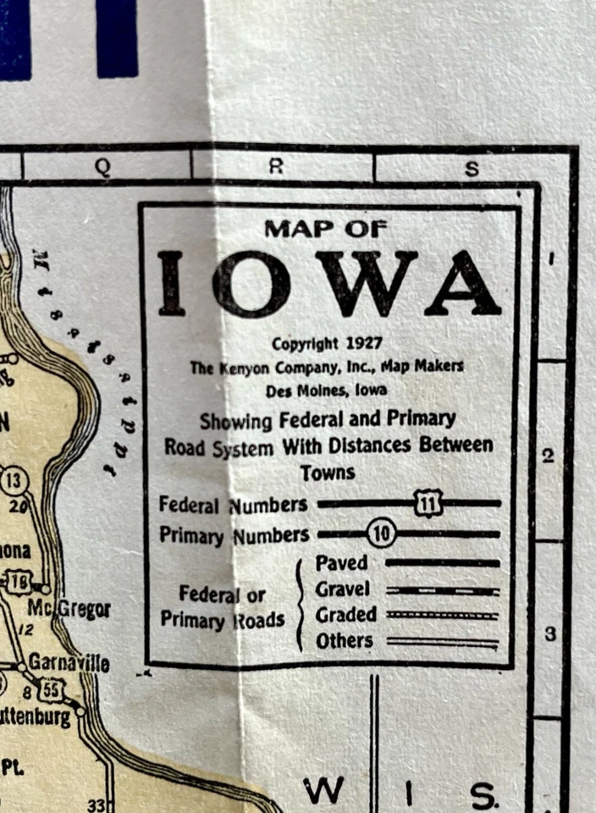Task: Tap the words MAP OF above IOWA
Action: [326, 228]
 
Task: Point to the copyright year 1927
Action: [365, 344]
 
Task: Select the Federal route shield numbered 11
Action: [428, 504]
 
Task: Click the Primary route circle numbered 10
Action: [381, 534]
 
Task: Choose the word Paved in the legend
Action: [341, 562]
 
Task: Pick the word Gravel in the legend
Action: [343, 589]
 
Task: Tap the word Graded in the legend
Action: [345, 616]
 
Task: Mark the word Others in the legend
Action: [344, 641]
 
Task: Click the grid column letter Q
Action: [102, 167]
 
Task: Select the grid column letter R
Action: [276, 167]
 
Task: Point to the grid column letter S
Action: [472, 169]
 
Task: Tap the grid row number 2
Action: [548, 456]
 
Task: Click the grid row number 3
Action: [549, 633]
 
